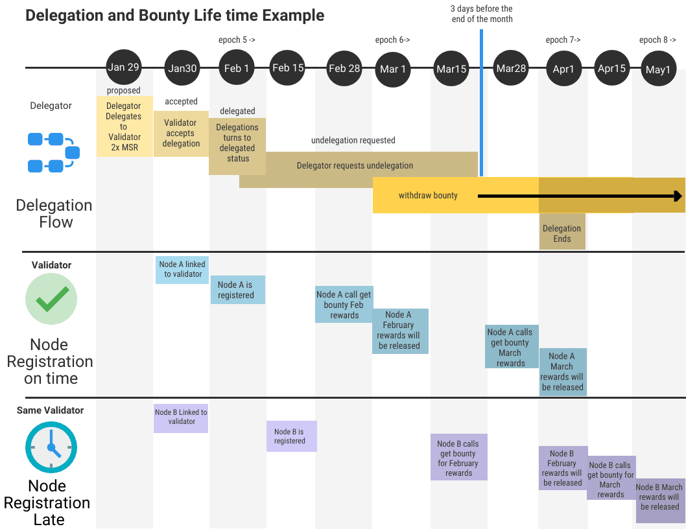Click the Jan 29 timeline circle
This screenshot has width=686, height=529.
pos(124,67)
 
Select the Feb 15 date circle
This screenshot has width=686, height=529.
pos(288,67)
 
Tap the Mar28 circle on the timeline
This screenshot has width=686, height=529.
pos(511,68)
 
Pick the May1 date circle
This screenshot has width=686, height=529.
pos(658,69)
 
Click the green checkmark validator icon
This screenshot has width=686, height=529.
pos(51,300)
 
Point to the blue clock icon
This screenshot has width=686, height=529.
pos(51,447)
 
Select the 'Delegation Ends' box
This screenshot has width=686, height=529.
pos(562,233)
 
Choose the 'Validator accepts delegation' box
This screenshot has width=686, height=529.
pos(181,133)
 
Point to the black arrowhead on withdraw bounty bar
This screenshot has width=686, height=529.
pos(678,196)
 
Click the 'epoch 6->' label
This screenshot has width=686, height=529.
pos(392,40)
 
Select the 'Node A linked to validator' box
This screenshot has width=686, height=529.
pos(182,269)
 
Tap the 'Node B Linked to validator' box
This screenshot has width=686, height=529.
pos(181,417)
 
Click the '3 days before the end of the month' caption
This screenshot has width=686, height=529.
pos(482,14)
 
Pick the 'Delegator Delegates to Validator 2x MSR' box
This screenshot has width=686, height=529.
pos(124,126)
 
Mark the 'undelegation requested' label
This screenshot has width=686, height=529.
pos(353,140)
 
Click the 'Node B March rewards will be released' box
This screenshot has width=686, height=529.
pos(659,497)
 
